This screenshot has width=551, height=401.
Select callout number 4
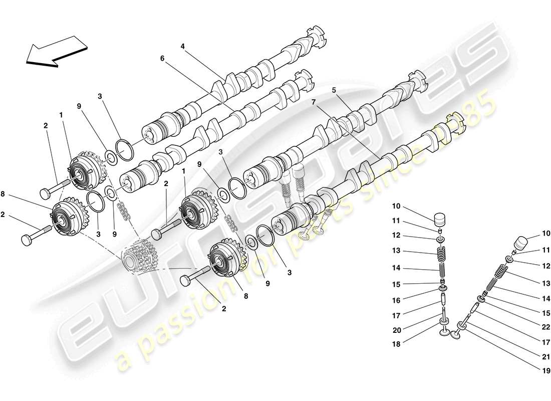183,46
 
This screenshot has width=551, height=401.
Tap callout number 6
162,58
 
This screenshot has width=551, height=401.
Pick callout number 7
314,102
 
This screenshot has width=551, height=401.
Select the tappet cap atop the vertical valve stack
439,219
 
